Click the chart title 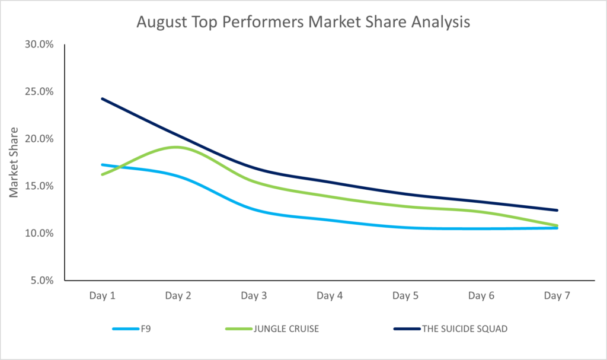(x=303, y=22)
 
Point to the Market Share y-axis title (x=14, y=163)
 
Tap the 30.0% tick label (x=39, y=44)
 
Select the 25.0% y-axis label (x=39, y=91)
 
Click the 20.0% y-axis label (x=39, y=139)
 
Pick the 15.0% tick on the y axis (x=39, y=186)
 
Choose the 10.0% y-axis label (x=39, y=233)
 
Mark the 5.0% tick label (x=42, y=280)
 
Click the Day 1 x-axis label (x=102, y=296)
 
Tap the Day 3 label (x=254, y=296)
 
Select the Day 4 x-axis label (x=330, y=296)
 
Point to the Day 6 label (x=481, y=296)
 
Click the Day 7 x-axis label (x=557, y=296)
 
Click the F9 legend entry (x=132, y=329)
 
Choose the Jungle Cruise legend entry (x=272, y=329)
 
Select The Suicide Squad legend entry (x=451, y=329)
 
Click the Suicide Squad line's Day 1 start (x=102, y=99)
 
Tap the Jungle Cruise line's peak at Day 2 (x=177, y=147)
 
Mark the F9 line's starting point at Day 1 (x=102, y=165)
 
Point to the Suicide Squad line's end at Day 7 (x=557, y=211)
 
